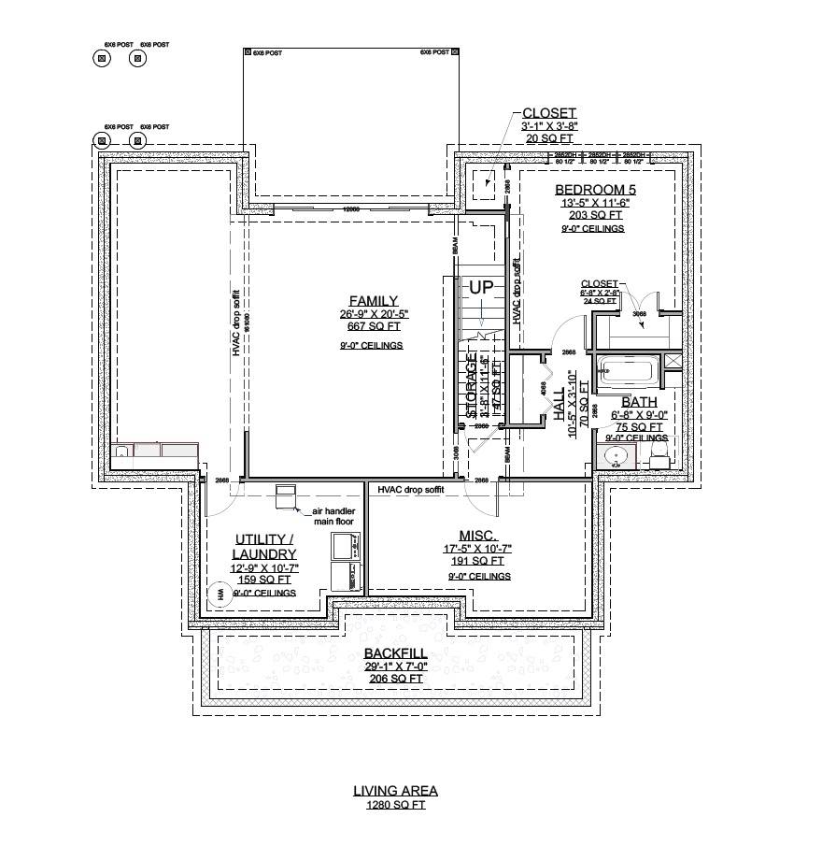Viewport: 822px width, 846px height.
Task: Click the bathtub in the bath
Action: (626, 371)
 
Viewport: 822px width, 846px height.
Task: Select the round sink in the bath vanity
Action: (615, 457)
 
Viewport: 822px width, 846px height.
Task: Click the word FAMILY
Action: (374, 301)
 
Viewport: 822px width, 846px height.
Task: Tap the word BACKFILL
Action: (396, 653)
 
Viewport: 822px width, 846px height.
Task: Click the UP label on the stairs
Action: (481, 288)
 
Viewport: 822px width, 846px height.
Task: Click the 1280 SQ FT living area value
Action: (395, 804)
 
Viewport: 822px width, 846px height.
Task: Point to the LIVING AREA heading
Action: (395, 791)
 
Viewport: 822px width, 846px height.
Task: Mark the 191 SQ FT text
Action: (477, 562)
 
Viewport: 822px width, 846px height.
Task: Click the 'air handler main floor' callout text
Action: (326, 516)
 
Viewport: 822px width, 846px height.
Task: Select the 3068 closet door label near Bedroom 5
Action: (640, 315)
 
